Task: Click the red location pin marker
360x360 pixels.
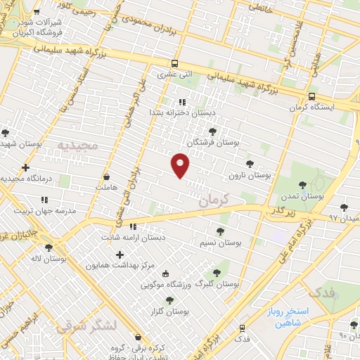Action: coord(181,165)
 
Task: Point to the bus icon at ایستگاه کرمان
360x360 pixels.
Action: coord(311,97)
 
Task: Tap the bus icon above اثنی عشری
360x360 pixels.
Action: coord(174,63)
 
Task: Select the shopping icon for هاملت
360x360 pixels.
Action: coord(106,177)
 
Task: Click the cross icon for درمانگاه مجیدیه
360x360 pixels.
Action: coord(25,167)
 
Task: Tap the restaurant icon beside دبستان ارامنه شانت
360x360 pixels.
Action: coord(133,226)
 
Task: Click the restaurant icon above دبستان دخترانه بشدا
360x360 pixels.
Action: coord(183,102)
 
